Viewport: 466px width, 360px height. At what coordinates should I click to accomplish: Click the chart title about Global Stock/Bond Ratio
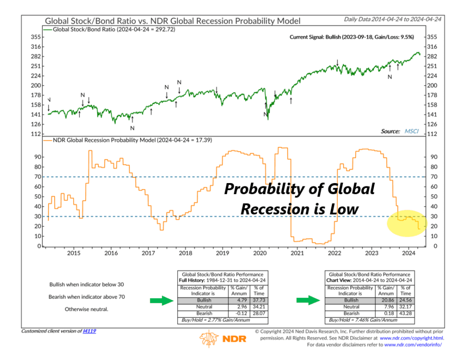pos(172,21)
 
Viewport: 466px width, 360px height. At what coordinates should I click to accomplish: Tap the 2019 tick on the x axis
pos(223,253)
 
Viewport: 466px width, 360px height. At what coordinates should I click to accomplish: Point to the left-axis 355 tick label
pos(35,37)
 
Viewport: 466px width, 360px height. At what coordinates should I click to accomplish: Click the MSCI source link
pos(411,131)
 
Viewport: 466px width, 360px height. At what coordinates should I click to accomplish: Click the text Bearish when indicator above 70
pos(87,296)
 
